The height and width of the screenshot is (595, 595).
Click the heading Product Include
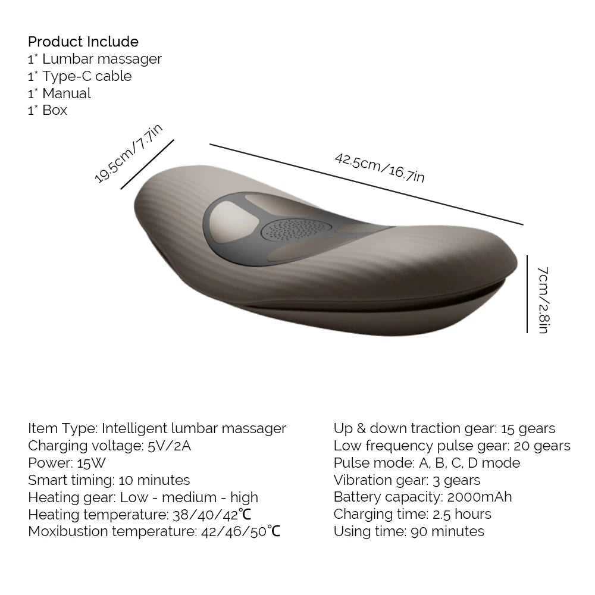(83, 42)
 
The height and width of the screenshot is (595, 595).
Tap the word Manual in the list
(67, 93)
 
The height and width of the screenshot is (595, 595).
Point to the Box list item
(48, 111)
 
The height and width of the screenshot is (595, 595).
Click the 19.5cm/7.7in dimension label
(128, 153)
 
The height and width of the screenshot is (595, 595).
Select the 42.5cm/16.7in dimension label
(380, 168)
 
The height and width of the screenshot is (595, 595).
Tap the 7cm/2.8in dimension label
(543, 300)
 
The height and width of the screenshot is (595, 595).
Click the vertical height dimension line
(527, 294)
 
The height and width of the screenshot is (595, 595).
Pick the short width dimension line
(147, 164)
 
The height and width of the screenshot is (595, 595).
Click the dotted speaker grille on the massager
(296, 229)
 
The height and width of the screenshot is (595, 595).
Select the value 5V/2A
(169, 446)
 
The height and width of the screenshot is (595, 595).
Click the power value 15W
(92, 463)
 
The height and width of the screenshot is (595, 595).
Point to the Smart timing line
(109, 480)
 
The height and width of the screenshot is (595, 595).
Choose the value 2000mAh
(479, 497)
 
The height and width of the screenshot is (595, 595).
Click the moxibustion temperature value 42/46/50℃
(240, 531)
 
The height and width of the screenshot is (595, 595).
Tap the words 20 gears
(542, 446)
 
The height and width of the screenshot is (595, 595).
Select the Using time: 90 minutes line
(409, 531)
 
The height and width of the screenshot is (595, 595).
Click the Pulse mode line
(427, 463)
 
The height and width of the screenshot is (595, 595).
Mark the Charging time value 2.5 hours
(462, 514)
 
